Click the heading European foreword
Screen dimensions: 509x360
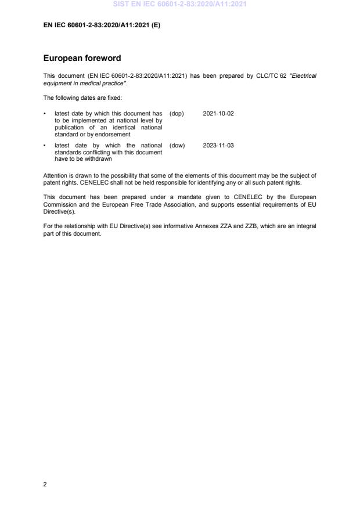tap(82, 58)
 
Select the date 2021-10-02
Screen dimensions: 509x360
tap(218, 113)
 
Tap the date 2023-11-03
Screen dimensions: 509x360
tap(218, 145)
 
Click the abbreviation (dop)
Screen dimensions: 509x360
tap(177, 113)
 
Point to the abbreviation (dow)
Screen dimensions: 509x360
tap(177, 145)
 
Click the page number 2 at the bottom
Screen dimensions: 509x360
tap(45, 484)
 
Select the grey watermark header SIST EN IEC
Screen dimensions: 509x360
tap(179, 5)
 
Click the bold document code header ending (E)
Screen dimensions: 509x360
tap(102, 25)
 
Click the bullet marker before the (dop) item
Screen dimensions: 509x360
tap(45, 113)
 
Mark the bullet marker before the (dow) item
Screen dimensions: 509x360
tap(45, 145)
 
